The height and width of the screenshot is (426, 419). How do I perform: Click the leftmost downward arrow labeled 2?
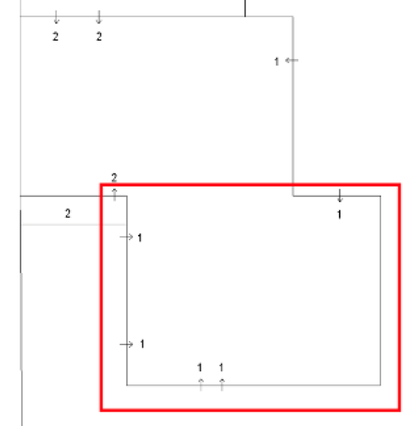[56, 17]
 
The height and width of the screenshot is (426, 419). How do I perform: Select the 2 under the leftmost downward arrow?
[56, 36]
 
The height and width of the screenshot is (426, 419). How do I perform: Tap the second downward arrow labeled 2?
[99, 17]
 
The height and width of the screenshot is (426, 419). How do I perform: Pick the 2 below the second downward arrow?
[99, 36]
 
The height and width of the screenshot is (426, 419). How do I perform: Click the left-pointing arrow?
[292, 60]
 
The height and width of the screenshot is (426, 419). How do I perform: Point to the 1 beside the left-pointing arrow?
[277, 61]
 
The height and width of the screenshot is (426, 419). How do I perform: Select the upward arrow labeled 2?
[114, 194]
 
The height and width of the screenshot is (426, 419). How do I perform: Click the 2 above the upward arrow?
[114, 178]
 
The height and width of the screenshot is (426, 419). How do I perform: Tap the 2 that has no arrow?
[68, 214]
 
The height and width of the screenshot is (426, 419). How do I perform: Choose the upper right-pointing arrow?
[126, 237]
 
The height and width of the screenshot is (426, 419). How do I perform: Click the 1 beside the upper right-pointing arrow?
[140, 238]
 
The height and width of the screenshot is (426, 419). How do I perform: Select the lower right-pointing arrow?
[126, 344]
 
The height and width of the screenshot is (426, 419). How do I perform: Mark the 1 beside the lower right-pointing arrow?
[142, 344]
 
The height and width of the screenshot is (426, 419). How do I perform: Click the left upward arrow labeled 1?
[201, 385]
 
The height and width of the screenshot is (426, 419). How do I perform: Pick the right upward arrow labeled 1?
[222, 385]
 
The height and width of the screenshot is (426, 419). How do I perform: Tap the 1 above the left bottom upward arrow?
[200, 367]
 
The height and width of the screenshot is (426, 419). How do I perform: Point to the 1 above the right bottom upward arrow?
[221, 367]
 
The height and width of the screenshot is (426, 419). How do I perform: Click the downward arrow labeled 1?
[339, 196]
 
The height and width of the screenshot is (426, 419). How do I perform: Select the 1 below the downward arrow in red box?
[339, 215]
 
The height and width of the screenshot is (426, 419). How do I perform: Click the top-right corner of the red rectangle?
[399, 185]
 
